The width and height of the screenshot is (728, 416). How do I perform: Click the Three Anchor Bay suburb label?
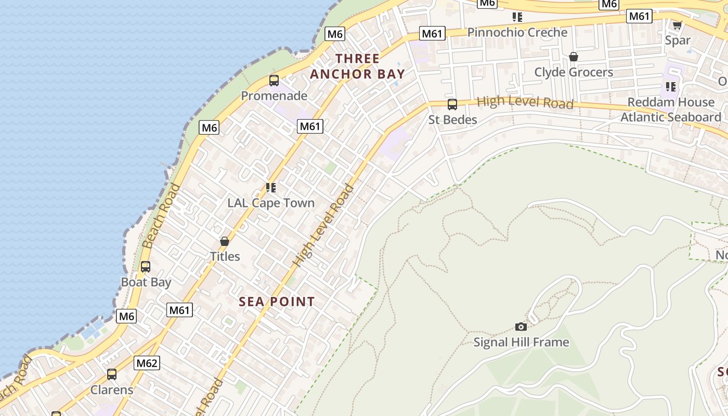(357, 66)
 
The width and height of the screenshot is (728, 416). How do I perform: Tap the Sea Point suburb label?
(277, 302)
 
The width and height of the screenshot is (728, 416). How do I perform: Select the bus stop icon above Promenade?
(274, 81)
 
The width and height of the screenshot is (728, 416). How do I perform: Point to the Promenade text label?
(274, 96)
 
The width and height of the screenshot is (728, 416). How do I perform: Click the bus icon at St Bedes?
(452, 105)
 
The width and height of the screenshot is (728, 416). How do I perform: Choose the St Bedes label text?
(452, 120)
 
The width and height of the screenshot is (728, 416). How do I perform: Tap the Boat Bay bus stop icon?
(146, 267)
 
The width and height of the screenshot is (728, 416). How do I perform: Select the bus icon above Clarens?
(112, 374)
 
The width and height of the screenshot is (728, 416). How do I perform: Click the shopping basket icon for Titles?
(225, 241)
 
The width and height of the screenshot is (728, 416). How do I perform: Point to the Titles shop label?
(225, 256)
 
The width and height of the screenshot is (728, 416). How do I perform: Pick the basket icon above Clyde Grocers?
(574, 57)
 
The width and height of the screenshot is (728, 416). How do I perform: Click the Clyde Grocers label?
(574, 72)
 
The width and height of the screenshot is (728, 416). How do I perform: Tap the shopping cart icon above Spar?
(677, 25)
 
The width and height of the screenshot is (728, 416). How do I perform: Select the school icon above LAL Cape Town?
(271, 188)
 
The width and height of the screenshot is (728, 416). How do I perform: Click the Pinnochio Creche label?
(517, 32)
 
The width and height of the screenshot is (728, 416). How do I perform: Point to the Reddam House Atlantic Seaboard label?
(670, 109)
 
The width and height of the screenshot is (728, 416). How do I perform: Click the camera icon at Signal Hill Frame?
(521, 327)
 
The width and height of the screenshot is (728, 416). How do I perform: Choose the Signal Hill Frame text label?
(521, 342)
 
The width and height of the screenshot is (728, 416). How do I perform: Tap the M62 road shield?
(147, 363)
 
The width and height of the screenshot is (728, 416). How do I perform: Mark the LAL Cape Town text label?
(271, 203)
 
